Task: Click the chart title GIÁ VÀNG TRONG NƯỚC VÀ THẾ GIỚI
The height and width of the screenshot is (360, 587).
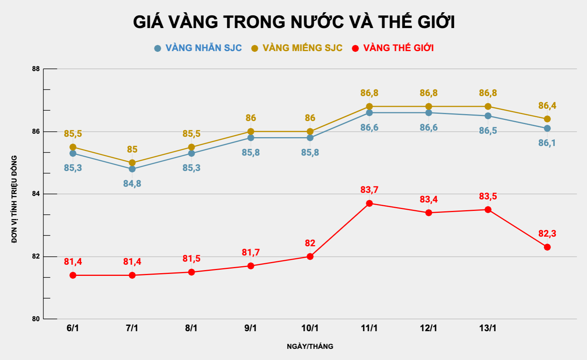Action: [x=294, y=22]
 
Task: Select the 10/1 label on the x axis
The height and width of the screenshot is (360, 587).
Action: [x=310, y=328]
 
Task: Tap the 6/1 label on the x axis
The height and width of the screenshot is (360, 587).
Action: [x=73, y=328]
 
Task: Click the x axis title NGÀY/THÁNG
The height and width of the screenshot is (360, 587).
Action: [x=310, y=347]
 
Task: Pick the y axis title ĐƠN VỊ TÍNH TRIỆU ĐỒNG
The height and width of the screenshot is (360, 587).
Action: [x=14, y=199]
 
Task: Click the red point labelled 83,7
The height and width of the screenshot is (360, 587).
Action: [x=369, y=203]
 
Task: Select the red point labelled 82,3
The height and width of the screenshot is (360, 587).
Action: [x=547, y=247]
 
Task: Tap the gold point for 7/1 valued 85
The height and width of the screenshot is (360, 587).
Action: [x=132, y=163]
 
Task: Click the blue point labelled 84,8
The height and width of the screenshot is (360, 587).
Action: [x=132, y=169]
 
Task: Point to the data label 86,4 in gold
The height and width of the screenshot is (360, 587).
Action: [x=547, y=106]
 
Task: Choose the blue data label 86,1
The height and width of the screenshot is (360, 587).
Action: [x=547, y=143]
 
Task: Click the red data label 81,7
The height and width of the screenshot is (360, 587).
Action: [x=251, y=252]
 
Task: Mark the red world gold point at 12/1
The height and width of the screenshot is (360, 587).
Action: [x=428, y=213]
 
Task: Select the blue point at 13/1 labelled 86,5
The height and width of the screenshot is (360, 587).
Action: [x=488, y=116]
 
